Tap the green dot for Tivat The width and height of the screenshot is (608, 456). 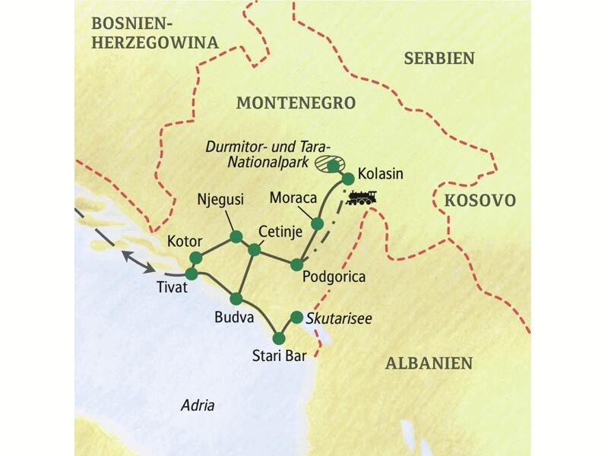[x=192, y=274]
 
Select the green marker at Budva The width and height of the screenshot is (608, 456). [x=236, y=299]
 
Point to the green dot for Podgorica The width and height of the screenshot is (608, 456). [x=296, y=264]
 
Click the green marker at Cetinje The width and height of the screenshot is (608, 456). [x=255, y=249]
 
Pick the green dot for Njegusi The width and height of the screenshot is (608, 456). [x=236, y=237]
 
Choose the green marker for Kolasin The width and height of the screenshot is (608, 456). [x=348, y=179]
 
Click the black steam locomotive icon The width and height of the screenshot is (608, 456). [x=361, y=198]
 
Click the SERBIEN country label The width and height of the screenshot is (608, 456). [x=439, y=59]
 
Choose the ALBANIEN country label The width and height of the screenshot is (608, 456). [x=429, y=363]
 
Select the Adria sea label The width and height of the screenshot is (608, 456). [x=198, y=406]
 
